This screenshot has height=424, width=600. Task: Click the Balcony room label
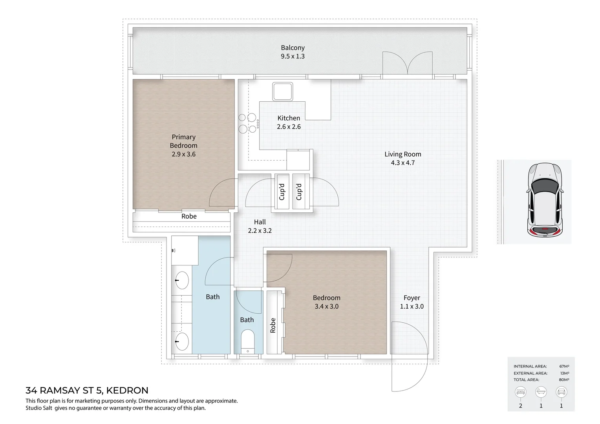293,48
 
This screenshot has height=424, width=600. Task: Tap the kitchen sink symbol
282,91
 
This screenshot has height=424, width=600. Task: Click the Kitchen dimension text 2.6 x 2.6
289,127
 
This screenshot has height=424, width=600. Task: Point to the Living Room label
402,154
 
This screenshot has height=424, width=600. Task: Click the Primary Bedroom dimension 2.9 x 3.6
183,154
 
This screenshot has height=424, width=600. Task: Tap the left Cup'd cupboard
282,192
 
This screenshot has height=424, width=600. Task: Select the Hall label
260,222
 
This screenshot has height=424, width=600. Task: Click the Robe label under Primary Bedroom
189,216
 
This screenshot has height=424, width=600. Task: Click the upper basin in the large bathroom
181,280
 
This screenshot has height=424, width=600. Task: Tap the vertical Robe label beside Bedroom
273,325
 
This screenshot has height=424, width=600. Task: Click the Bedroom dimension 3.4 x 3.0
326,307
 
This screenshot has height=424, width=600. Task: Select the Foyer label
412,298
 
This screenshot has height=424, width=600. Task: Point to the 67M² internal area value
564,366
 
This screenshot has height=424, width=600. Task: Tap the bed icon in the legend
521,392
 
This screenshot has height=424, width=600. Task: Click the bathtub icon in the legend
541,392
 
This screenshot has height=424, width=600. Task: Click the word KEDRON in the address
127,391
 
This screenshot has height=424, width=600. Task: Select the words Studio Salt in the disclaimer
39,408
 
